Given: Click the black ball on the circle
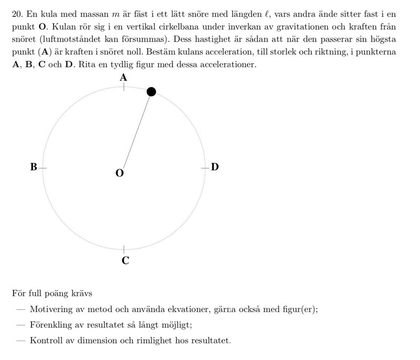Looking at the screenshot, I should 151,92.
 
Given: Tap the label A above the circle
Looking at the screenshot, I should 123,77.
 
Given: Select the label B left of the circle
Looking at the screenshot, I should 34,167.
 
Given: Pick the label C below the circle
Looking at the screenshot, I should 125,260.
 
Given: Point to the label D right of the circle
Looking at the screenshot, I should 215,167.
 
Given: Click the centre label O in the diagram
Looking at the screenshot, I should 120,173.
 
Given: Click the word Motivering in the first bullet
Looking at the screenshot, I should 51,309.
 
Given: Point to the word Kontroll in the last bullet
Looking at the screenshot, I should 46,341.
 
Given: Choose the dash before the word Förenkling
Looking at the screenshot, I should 21,325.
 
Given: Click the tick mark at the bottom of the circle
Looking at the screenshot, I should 124,249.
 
